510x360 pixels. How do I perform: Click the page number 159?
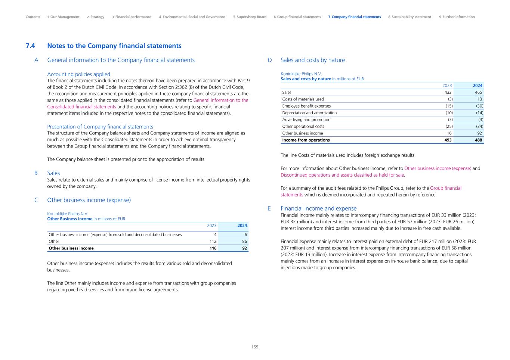click(x=255, y=347)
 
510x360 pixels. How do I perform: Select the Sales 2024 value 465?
click(x=478, y=92)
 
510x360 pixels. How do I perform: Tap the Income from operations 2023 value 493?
click(x=448, y=140)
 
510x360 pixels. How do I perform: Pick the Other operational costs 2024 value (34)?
click(x=479, y=126)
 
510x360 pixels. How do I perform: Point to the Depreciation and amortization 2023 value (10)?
click(x=449, y=113)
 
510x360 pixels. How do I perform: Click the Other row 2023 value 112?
click(x=213, y=241)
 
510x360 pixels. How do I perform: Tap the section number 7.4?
click(x=30, y=46)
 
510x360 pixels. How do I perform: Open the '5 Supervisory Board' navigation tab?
click(x=250, y=17)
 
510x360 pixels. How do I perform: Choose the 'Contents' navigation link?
click(x=33, y=17)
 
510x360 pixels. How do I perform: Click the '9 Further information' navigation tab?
click(x=457, y=17)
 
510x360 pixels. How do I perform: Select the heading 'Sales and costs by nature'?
click(x=313, y=60)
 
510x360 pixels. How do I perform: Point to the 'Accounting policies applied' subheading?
click(x=78, y=74)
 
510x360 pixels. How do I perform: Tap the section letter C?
click(x=36, y=200)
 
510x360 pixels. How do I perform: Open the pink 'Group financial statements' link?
click(x=445, y=188)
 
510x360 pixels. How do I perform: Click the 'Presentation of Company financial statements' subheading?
click(x=100, y=127)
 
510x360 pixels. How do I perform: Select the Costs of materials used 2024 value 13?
click(x=479, y=99)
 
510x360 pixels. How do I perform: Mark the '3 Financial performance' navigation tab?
click(x=132, y=17)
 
